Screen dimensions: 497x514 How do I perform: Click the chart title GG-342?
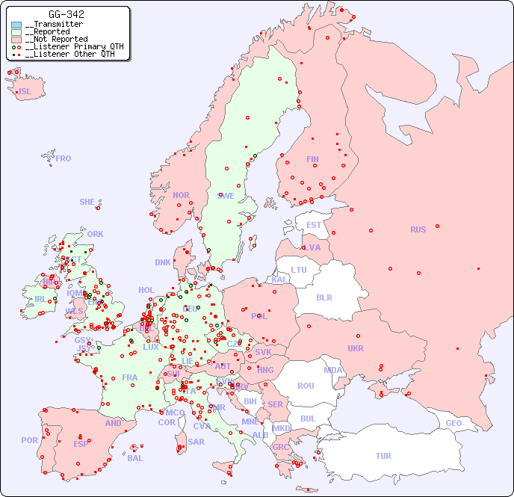point(66,14)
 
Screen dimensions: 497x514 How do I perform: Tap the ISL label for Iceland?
point(25,92)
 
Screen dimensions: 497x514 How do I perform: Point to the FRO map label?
point(64,158)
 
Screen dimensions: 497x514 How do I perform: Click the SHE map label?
point(87,202)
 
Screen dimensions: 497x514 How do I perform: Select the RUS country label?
point(418,229)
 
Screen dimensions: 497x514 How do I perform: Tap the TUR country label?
point(383,456)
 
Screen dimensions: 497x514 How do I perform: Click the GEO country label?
point(453,423)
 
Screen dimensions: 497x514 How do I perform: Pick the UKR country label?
point(356,348)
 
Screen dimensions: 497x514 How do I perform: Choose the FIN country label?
point(312,159)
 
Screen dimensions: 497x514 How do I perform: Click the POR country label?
point(29,440)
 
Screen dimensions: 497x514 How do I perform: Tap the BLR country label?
point(323,297)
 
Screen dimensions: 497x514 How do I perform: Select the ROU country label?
point(306,386)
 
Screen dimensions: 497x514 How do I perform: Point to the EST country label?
point(314,225)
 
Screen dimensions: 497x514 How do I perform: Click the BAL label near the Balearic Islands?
point(134,458)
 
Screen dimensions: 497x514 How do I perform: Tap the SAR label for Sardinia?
point(196,442)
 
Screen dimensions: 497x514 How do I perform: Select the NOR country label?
point(181,195)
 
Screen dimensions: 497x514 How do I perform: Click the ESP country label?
point(81,443)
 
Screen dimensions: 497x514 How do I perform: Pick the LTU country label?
point(299,270)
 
